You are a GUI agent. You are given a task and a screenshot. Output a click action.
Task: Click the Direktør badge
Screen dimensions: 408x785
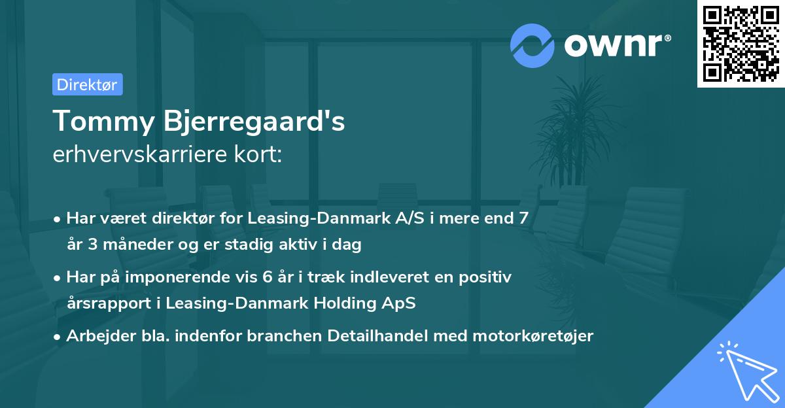tap(87, 84)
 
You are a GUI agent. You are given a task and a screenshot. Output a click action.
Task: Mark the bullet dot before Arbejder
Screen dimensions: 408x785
tap(58, 337)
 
